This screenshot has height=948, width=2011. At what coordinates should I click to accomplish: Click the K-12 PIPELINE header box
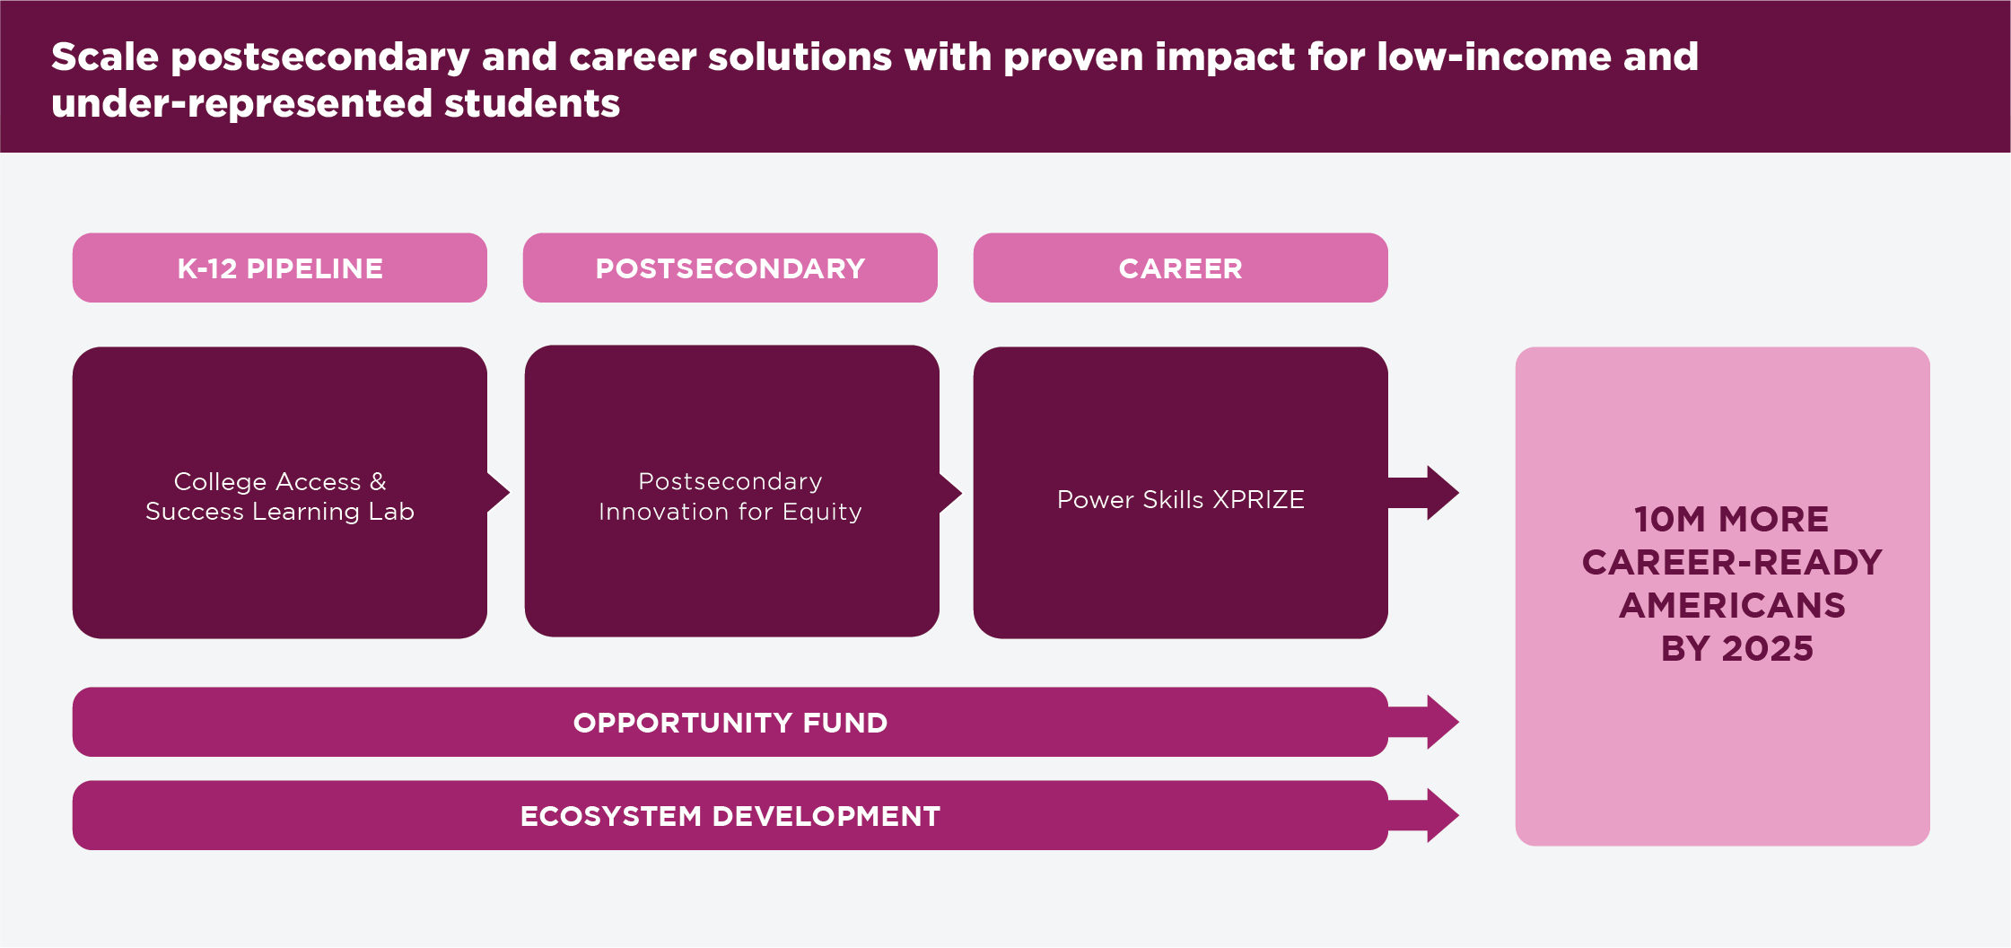(x=280, y=268)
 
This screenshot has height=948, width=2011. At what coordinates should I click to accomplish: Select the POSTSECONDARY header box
(x=730, y=268)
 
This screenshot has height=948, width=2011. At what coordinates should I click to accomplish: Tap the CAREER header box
(x=1181, y=268)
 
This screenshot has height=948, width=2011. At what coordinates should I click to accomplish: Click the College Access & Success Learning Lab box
(x=280, y=493)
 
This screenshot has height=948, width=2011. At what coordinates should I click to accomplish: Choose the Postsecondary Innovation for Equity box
(x=732, y=491)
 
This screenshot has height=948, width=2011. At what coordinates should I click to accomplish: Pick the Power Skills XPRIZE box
(x=1181, y=493)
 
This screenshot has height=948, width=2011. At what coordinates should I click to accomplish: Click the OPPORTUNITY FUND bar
(x=730, y=722)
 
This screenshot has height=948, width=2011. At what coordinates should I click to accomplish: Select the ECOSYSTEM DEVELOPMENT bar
(x=730, y=815)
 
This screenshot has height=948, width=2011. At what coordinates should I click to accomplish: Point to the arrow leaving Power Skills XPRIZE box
(x=1424, y=493)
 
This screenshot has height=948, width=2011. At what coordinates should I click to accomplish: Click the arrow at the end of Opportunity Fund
(x=1424, y=722)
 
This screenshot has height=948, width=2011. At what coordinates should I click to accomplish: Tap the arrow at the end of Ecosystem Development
(x=1424, y=815)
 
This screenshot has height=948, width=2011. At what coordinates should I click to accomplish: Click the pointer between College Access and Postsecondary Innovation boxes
(x=499, y=493)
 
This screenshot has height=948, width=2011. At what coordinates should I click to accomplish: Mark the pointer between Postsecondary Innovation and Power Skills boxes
(x=951, y=492)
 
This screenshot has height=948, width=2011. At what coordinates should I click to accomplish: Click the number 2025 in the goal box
(x=1768, y=648)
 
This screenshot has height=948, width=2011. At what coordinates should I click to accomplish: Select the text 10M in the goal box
(x=1670, y=519)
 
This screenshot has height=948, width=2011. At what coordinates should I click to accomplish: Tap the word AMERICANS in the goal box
(x=1732, y=605)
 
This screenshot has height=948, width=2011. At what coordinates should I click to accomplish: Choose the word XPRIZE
(x=1258, y=499)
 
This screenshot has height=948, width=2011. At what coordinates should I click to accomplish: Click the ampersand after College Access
(x=378, y=481)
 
